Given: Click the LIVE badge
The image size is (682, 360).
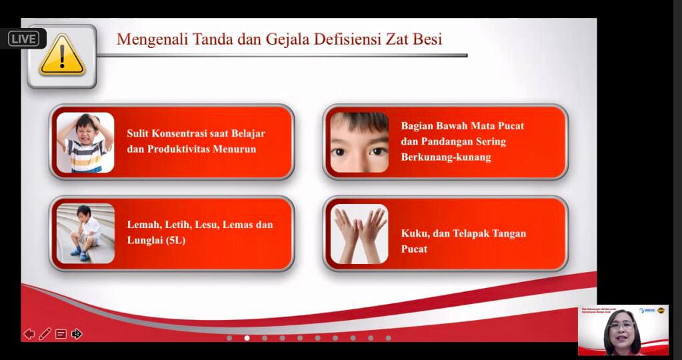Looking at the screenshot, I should point(24,39).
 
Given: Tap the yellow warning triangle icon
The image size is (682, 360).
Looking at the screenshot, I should point(61,56).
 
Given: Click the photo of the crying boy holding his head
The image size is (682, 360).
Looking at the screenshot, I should point(85,142).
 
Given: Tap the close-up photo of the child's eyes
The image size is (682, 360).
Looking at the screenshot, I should point(359,142).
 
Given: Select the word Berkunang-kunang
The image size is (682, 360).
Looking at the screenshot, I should point(445,157).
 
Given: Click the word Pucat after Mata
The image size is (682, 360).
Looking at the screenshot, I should point(509,126).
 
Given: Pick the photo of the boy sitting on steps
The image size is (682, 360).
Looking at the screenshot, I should point(85,233).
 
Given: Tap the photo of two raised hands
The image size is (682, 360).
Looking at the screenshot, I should point(359,233).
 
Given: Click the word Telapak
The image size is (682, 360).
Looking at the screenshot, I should point(470,233).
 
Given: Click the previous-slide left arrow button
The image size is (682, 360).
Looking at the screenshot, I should point(29,333).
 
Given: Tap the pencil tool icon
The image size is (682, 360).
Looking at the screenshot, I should point(45,333).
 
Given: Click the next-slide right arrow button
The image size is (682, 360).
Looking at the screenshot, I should point(77,333).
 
